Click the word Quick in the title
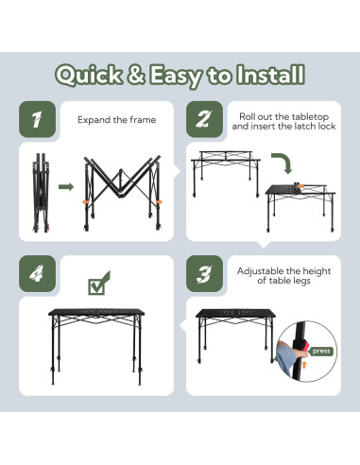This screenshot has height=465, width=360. tap(89, 75)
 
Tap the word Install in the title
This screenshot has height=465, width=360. tap(271, 75)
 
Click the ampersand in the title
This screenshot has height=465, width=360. tap(136, 75)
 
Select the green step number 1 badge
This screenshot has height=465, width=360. tap(37, 119)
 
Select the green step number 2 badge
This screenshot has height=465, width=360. tap(204, 119)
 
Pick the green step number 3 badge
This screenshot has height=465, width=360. tap(204, 273)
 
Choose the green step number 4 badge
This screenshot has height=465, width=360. tap(37, 273)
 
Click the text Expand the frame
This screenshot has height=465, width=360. tap(117, 120)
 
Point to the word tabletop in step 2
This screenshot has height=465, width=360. tap(310, 117)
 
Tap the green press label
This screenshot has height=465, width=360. tap(321, 351)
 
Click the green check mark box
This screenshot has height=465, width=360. tap(98, 284)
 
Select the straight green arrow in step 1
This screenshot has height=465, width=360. tap(66, 187)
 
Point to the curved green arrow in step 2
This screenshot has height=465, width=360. tap(284, 161)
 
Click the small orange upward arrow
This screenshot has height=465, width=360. tap(304, 365)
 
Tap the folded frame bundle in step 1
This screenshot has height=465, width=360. tap(42, 193)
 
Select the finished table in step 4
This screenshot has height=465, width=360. tap(96, 346)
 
